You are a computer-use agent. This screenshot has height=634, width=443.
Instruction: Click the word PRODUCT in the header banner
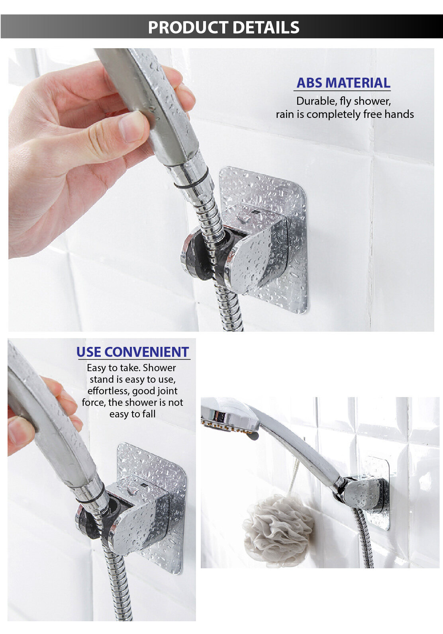pos(188,27)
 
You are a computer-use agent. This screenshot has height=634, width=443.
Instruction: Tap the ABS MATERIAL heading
pos(343,83)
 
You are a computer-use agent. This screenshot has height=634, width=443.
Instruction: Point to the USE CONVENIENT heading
pos(133,352)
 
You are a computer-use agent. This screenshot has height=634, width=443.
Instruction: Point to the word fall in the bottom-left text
pos(149,414)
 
